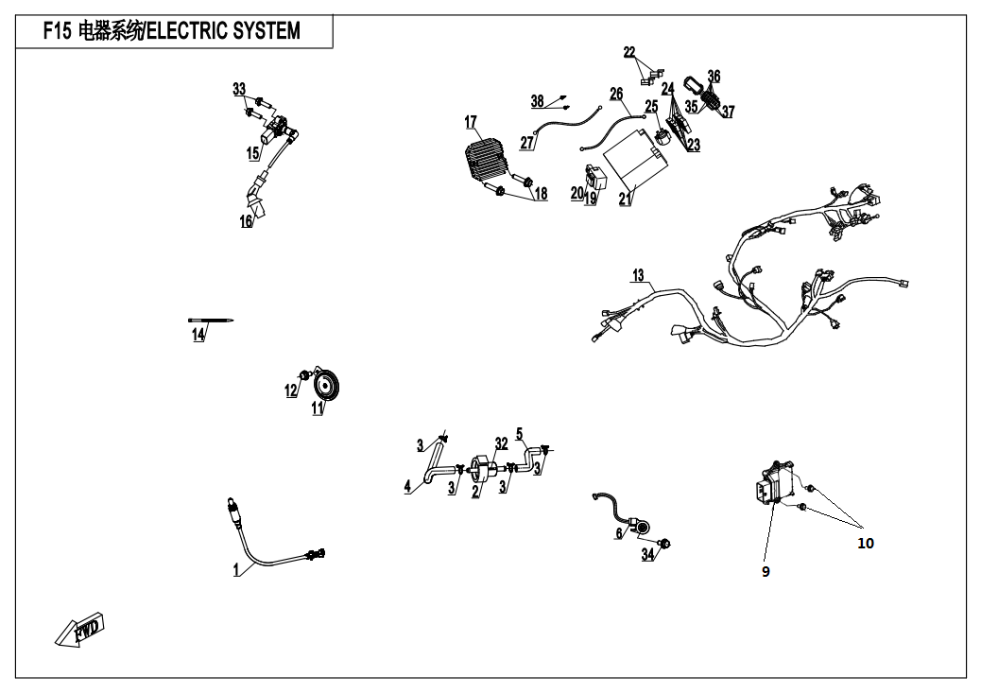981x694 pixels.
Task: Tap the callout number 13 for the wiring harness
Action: pos(639,276)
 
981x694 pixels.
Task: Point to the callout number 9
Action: pos(766,571)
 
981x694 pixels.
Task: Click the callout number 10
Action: pos(866,543)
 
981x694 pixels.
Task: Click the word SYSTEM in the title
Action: pos(263,31)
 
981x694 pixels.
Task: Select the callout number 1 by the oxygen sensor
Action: pos(236,570)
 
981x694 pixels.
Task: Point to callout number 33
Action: pos(239,89)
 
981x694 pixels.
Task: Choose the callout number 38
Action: pos(537,101)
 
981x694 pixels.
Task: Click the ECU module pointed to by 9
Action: pos(779,484)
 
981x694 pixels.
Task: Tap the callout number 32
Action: pos(501,442)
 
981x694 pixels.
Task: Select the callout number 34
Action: pos(647,554)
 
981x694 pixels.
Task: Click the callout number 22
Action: pos(629,52)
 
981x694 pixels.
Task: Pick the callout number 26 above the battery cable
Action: pos(616,95)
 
